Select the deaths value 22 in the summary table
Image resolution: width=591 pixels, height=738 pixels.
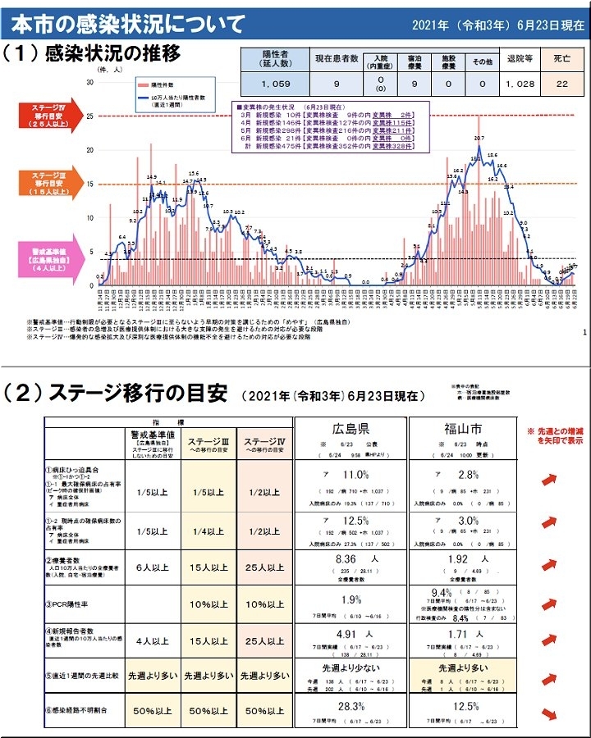(x=562, y=83)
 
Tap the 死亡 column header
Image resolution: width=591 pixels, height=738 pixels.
(x=562, y=59)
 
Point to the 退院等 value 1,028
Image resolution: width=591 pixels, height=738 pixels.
(x=520, y=83)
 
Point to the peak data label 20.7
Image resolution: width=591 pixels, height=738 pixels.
(x=479, y=138)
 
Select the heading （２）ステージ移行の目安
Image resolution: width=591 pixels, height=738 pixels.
(x=115, y=393)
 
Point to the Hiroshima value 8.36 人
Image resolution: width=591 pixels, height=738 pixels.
(x=345, y=559)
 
